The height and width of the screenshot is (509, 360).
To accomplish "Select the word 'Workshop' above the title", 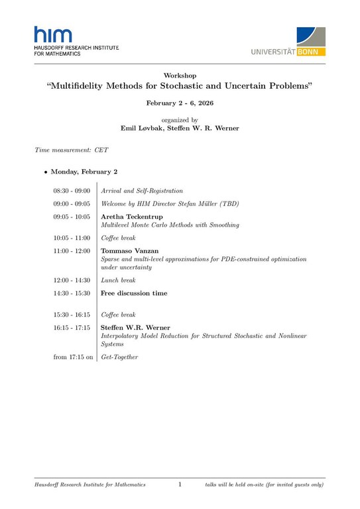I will tap(180, 76).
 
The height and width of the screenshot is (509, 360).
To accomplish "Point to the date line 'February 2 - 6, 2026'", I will tap(180, 104).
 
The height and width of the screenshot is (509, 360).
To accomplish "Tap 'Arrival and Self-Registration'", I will tap(142, 191).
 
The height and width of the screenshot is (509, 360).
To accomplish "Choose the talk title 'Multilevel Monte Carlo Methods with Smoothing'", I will tap(170, 225).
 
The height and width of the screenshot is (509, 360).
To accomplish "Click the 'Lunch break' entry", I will tap(118, 280).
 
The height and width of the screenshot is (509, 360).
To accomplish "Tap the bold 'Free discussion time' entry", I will tap(133, 293).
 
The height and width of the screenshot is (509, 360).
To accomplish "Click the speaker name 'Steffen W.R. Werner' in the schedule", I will tap(135, 327).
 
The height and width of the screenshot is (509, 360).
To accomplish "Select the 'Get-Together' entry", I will tap(119, 357).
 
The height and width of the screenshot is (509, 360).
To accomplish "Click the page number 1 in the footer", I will tap(180, 485).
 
